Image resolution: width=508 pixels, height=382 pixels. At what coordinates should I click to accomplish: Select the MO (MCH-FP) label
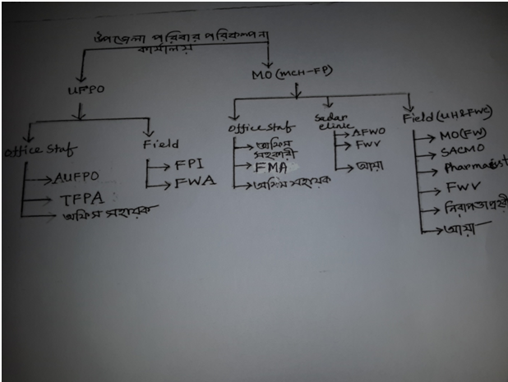coord(291,75)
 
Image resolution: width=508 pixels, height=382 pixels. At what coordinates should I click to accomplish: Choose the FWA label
coord(196,183)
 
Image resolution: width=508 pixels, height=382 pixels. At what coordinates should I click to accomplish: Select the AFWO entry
coord(368,132)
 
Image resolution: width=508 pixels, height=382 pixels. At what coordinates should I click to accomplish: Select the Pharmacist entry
coord(469,170)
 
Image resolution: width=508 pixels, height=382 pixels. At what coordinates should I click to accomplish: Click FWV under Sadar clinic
coord(366,146)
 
